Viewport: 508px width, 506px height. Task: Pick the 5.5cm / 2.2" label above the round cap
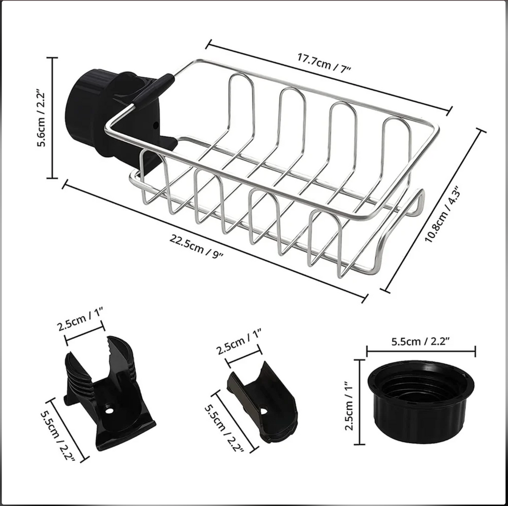point(420,342)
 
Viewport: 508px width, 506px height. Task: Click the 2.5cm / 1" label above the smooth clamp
point(238,342)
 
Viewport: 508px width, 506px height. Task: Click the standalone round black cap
point(421,402)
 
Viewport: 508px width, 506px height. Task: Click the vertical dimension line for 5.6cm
point(53,118)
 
